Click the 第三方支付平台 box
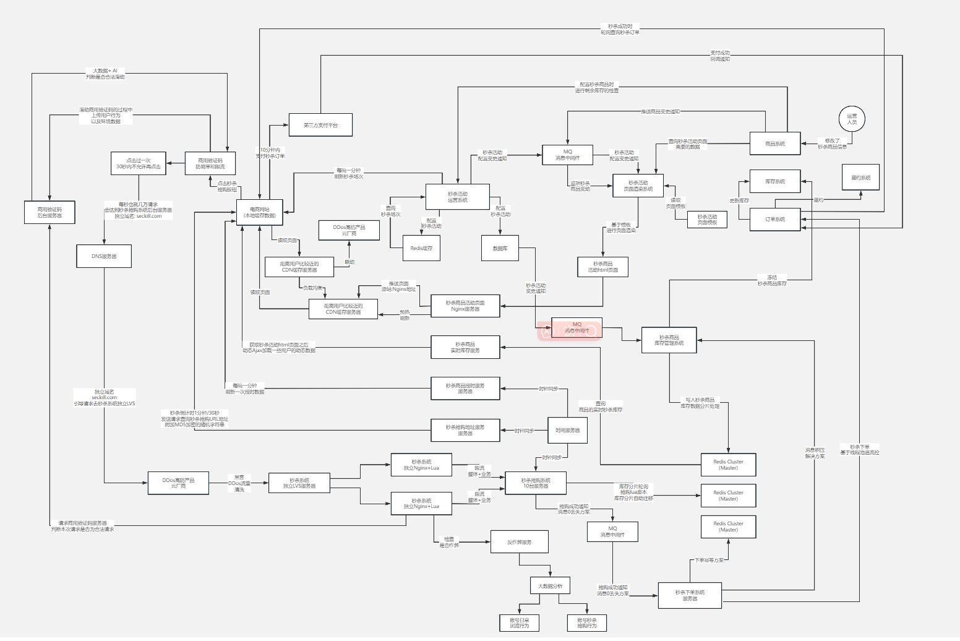(x=320, y=125)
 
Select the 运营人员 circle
(x=852, y=118)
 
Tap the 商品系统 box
(x=774, y=144)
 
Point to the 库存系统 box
(x=774, y=181)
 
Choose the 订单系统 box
(x=774, y=219)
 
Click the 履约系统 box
(x=860, y=178)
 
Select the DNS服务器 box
(x=104, y=256)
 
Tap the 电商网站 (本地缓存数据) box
(x=259, y=212)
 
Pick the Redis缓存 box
(x=421, y=248)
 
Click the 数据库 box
(x=500, y=248)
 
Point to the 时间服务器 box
(x=567, y=430)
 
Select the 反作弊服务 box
(x=519, y=542)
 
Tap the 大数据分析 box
(x=550, y=586)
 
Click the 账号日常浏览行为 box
(x=519, y=622)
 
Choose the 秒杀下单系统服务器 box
(x=690, y=595)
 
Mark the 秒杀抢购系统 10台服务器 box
(x=536, y=483)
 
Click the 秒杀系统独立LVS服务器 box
(x=299, y=483)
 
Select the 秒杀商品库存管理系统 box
(x=669, y=340)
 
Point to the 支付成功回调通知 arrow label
(x=720, y=56)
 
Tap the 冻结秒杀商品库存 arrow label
(x=772, y=280)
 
